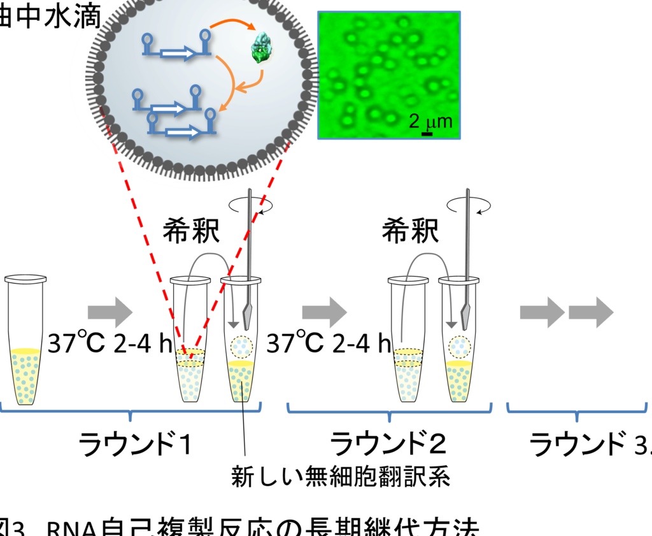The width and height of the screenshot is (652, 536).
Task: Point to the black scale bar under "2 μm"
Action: tap(427, 133)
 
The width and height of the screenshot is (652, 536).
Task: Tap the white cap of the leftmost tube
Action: tap(25, 279)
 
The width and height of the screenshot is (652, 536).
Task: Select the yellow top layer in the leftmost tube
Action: tap(25, 351)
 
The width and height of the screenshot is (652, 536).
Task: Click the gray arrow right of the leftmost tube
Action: tap(110, 312)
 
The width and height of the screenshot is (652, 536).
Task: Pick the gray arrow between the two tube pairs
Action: tap(324, 312)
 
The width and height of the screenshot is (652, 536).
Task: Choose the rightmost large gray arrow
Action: tap(591, 312)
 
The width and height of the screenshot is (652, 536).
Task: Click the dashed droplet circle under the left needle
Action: tap(242, 347)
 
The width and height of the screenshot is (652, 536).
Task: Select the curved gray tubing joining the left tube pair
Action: tap(210, 256)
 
